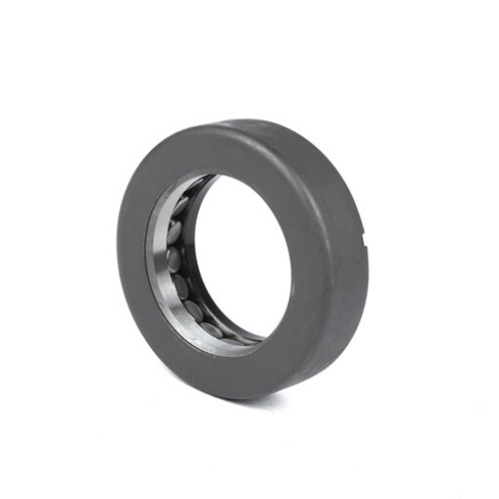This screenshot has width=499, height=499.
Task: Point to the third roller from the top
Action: tap(174, 259)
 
